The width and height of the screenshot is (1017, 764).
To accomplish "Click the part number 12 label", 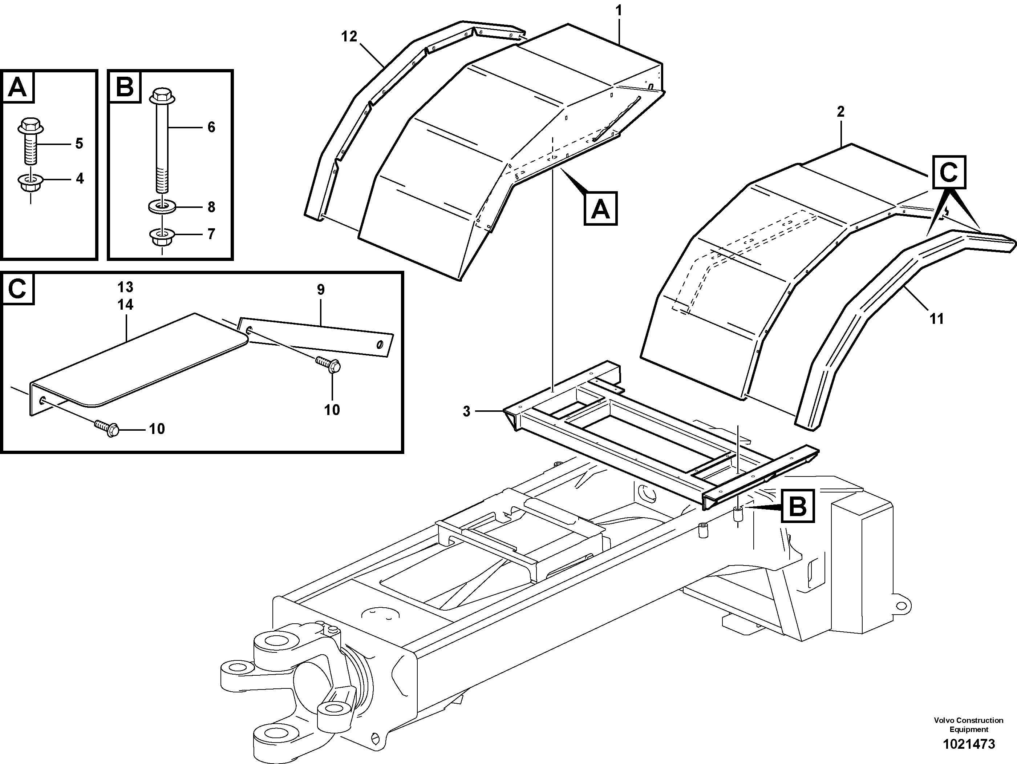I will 349,36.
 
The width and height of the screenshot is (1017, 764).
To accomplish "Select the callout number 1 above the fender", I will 619,10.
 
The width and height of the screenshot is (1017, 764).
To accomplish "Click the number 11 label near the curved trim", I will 936,318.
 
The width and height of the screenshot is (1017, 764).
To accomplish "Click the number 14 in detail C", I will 125,305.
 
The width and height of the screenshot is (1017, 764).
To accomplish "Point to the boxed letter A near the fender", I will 600,209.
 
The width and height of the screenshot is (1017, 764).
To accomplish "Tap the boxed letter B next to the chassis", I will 798,506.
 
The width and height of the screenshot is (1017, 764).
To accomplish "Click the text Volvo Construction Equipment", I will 968,725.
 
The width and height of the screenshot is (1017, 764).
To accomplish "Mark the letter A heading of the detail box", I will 18,87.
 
